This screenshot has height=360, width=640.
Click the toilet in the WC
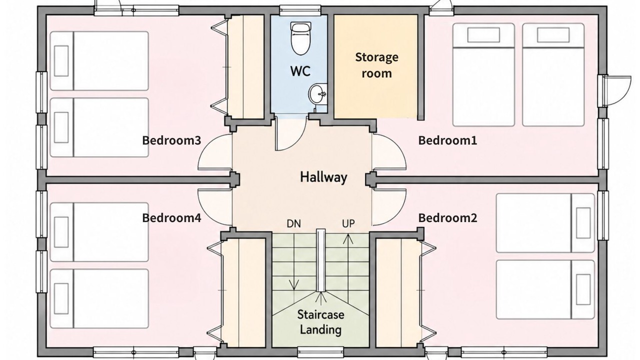[x=300, y=38]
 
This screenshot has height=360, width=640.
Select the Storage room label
[x=376, y=65]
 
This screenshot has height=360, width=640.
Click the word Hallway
[x=323, y=177]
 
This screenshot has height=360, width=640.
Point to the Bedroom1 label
[x=447, y=140]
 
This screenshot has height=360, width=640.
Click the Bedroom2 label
[x=447, y=218]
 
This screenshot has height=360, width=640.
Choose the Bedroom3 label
[x=171, y=140]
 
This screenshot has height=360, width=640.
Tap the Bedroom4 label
[x=171, y=218]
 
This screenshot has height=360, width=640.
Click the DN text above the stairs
[x=293, y=223]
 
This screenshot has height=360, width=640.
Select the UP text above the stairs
[x=348, y=223]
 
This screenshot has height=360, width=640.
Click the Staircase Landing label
[x=320, y=322]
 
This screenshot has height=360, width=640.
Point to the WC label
[x=300, y=71]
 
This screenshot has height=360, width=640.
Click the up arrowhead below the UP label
[x=348, y=239]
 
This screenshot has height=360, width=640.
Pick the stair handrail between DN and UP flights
[x=321, y=260]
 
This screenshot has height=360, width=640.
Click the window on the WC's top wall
[x=300, y=10]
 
